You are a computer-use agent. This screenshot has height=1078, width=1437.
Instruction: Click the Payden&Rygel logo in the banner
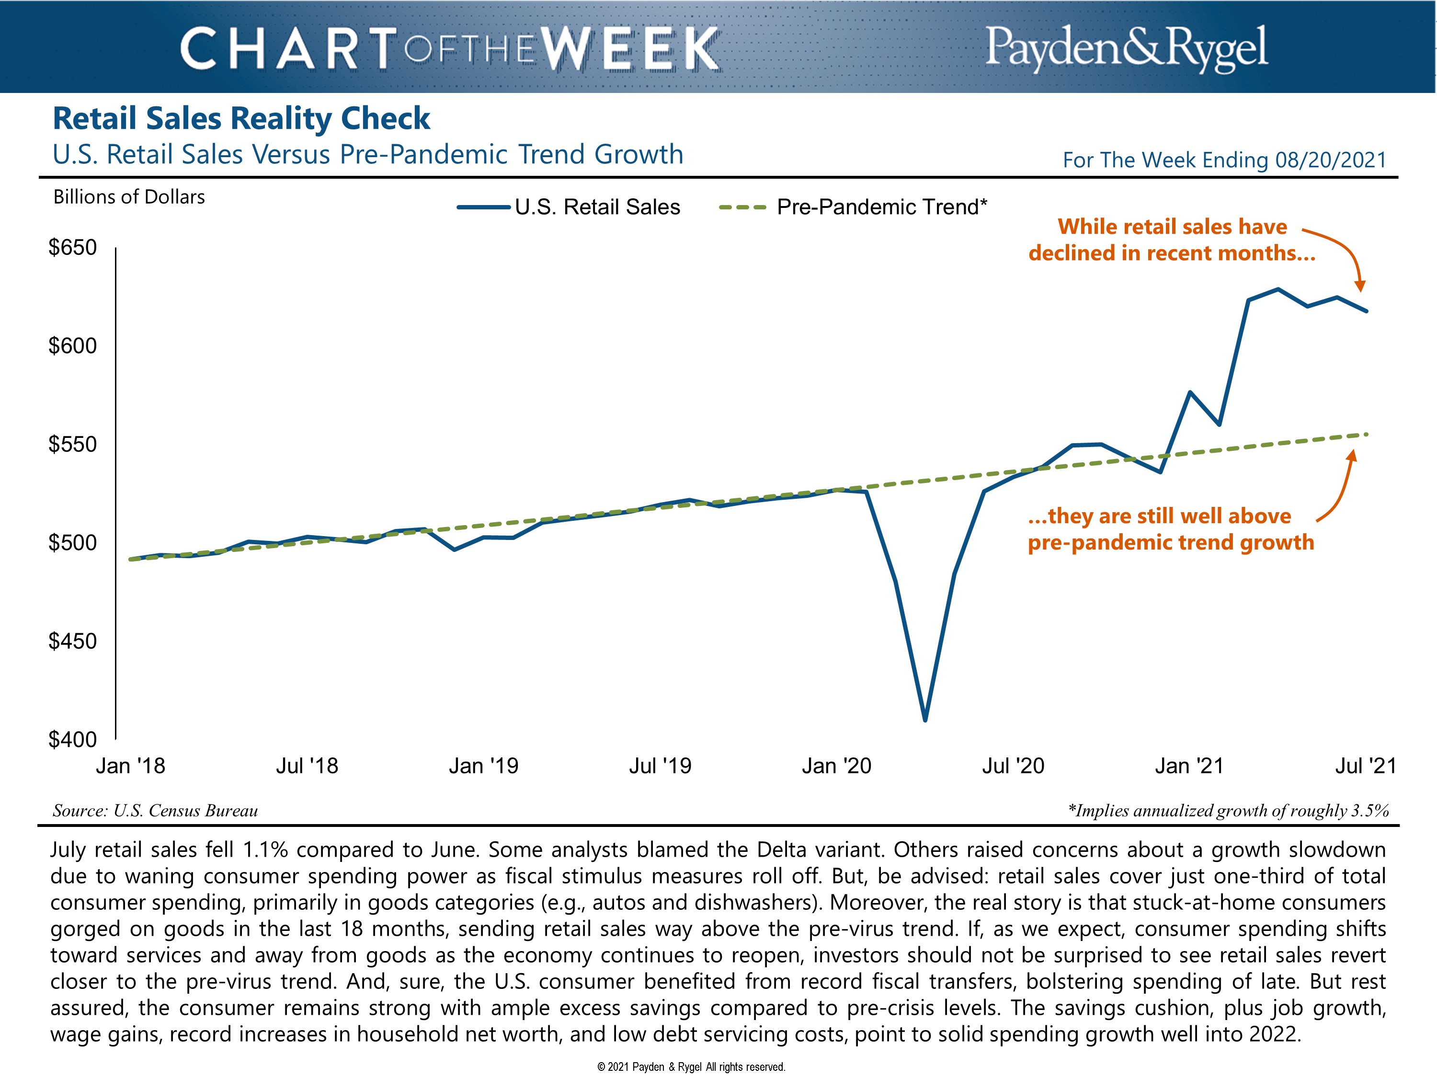pos(1126,47)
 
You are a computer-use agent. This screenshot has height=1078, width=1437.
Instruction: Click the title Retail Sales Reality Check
pos(241,118)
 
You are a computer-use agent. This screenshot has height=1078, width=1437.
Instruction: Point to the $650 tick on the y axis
pos(73,248)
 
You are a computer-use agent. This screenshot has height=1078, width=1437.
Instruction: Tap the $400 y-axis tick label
pos(73,739)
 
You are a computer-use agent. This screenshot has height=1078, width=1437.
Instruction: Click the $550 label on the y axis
pos(73,445)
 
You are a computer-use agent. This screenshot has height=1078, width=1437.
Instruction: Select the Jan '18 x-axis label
pos(131,766)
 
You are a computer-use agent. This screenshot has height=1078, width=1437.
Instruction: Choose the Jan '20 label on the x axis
pos(836,766)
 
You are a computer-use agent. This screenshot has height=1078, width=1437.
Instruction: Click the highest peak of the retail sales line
pos(1278,289)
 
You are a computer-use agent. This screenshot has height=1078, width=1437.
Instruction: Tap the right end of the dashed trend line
pos(1367,434)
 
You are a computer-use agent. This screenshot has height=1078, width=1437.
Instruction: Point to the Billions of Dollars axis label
pos(129,197)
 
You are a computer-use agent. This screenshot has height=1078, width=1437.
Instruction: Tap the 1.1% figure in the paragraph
pos(265,849)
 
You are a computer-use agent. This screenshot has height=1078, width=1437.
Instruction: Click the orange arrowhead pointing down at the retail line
pos(1360,287)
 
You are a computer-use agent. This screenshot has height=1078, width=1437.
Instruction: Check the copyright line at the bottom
pos(691,1067)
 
